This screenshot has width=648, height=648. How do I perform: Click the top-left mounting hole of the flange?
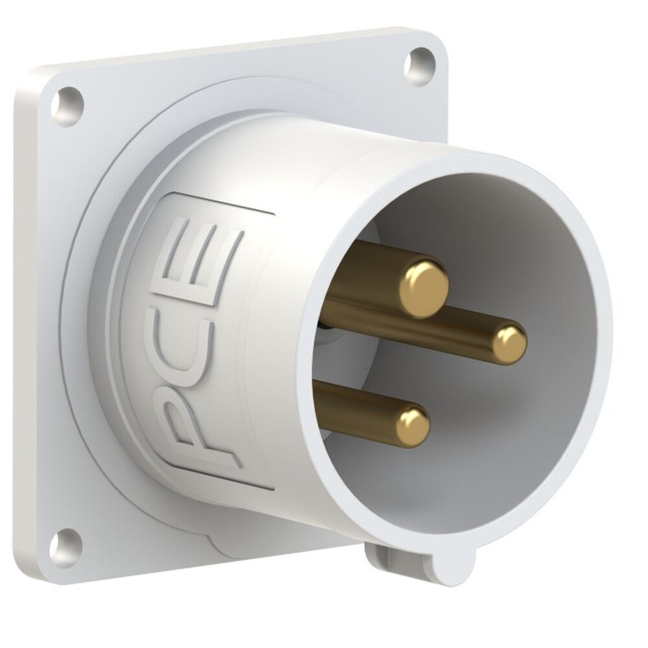click(x=67, y=104)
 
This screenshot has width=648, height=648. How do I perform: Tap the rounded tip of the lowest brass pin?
click(x=413, y=426)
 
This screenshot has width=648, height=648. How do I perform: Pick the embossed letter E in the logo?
click(x=198, y=259)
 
